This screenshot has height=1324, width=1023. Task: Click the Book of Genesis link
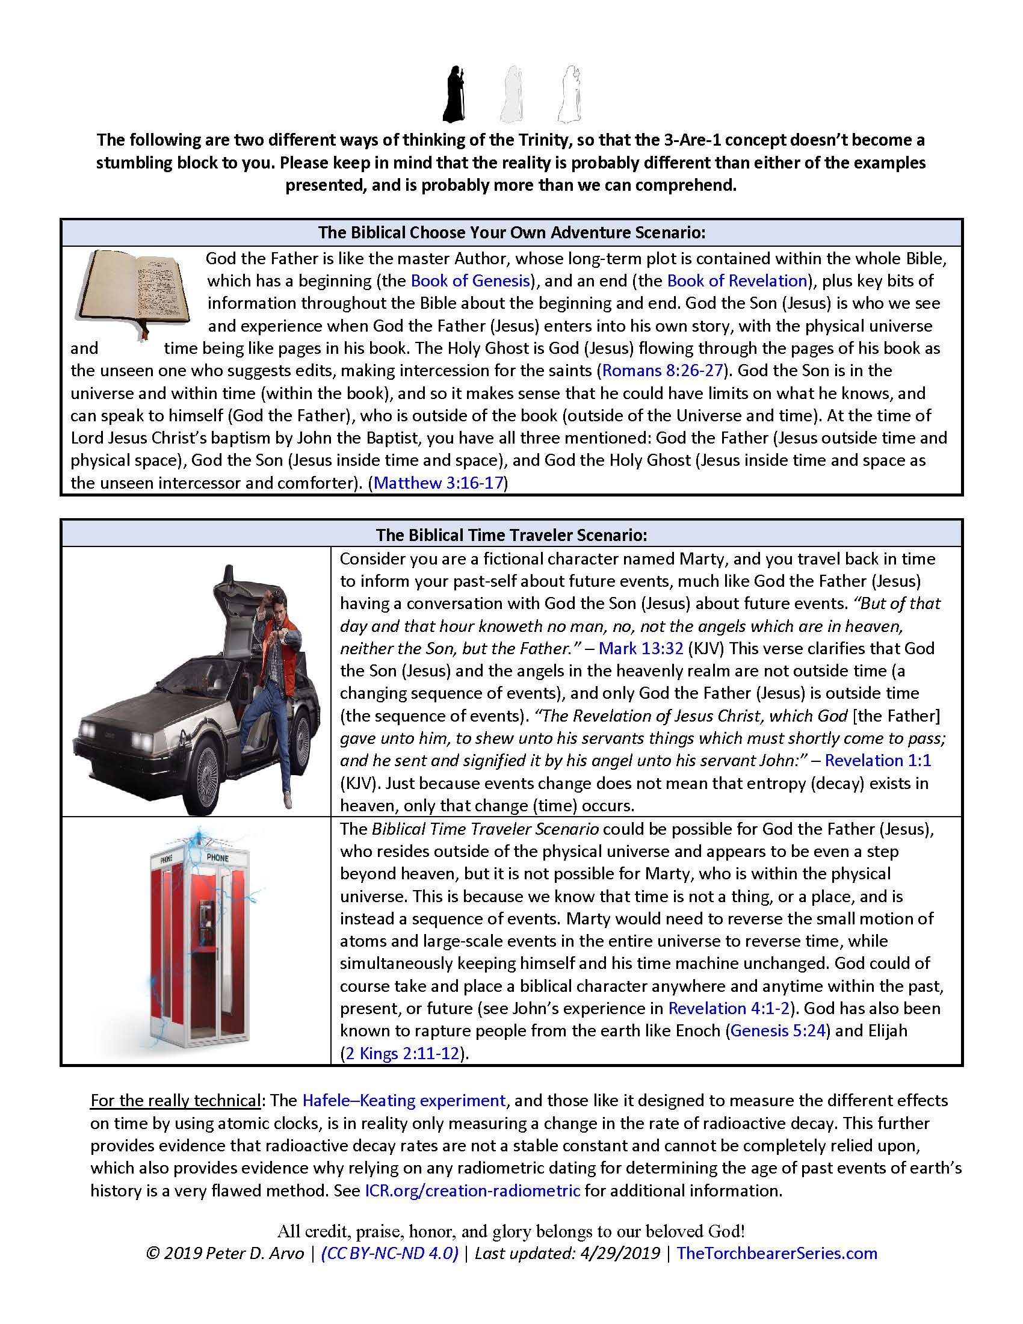[471, 280]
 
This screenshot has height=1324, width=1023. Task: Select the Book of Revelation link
[737, 280]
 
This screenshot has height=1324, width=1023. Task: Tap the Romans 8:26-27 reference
[663, 370]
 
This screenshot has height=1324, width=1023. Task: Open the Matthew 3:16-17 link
[439, 483]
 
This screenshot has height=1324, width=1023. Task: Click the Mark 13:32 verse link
[641, 648]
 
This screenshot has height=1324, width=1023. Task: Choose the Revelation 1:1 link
[877, 760]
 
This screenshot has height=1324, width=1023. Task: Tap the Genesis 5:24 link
[778, 1030]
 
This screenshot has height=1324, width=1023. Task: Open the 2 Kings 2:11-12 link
[402, 1053]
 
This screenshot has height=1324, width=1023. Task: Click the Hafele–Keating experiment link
[404, 1100]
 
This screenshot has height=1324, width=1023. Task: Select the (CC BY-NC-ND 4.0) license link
[389, 1253]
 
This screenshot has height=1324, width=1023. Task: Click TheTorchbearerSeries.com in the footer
[776, 1253]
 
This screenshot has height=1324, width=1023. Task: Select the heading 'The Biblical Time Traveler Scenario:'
[512, 534]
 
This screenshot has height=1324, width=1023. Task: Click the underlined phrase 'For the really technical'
[175, 1100]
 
